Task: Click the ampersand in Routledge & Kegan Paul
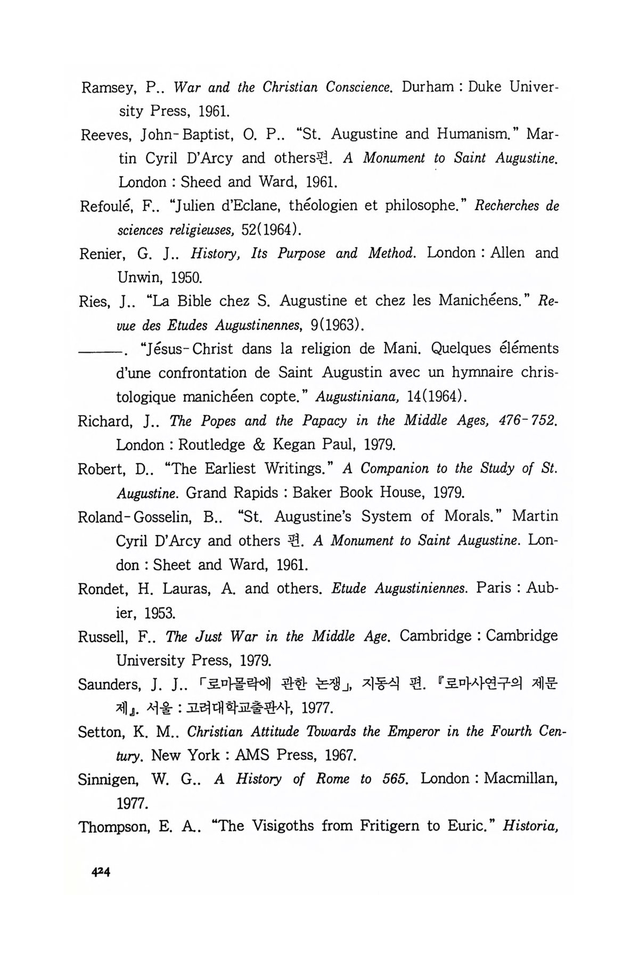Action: (259, 445)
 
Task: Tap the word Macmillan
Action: (520, 779)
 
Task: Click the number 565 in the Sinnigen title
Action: (395, 779)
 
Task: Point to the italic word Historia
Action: (530, 826)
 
